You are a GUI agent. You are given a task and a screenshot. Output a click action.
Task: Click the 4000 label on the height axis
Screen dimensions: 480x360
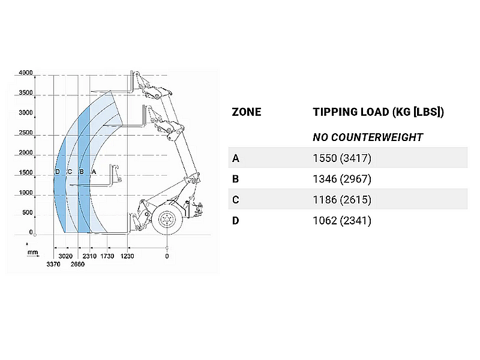click(26, 73)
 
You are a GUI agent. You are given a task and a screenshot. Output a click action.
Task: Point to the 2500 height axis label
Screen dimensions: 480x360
click(26, 133)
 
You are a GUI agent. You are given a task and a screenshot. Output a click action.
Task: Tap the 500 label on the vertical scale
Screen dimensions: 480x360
click(28, 212)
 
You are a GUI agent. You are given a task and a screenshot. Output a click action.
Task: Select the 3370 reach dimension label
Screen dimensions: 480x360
click(53, 264)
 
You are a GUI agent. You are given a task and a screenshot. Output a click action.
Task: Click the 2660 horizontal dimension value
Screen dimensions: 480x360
click(77, 264)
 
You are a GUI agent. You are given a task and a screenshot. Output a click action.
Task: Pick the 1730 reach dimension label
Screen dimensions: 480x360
click(107, 256)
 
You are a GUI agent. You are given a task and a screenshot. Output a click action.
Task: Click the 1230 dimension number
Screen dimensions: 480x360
click(127, 256)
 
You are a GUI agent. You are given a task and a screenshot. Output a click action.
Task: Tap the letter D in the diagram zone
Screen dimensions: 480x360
click(58, 172)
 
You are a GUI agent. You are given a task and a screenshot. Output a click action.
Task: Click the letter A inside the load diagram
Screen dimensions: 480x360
click(94, 172)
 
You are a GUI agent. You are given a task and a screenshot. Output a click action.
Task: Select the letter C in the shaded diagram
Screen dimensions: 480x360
click(70, 172)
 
